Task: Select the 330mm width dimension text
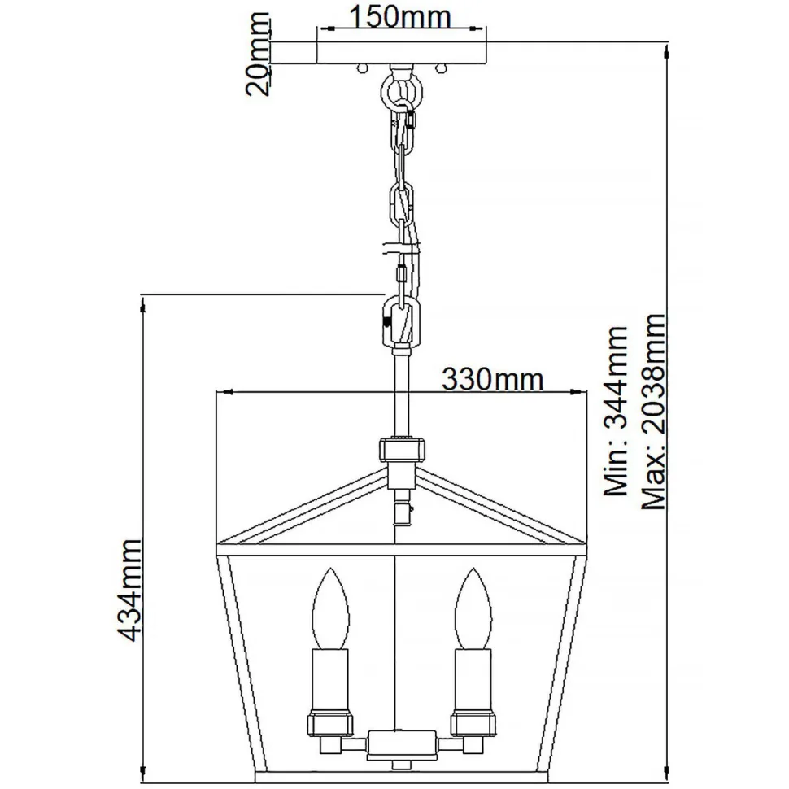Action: coord(490,378)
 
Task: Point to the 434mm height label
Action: coord(129,590)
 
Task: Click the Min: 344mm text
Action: coord(614,411)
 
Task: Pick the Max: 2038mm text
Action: coord(653,411)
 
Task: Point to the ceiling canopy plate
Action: coord(401,54)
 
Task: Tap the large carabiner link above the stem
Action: coord(400,323)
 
